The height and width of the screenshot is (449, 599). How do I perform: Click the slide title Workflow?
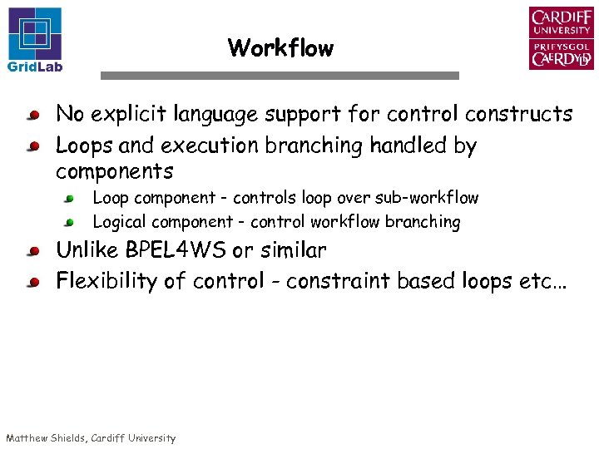280,48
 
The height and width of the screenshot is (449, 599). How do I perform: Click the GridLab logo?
35,38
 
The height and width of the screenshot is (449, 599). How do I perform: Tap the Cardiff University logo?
561,38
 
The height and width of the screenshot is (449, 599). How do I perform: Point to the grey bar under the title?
280,76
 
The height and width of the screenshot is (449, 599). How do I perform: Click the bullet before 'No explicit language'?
32,115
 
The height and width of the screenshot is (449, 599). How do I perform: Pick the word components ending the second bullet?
114,172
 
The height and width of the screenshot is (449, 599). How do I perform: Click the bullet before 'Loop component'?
71,199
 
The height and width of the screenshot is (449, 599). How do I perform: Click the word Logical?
117,222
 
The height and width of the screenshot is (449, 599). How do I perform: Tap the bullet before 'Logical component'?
71,223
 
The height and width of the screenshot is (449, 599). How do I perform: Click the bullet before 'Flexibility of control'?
32,283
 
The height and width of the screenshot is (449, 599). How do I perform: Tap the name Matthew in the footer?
29,438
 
